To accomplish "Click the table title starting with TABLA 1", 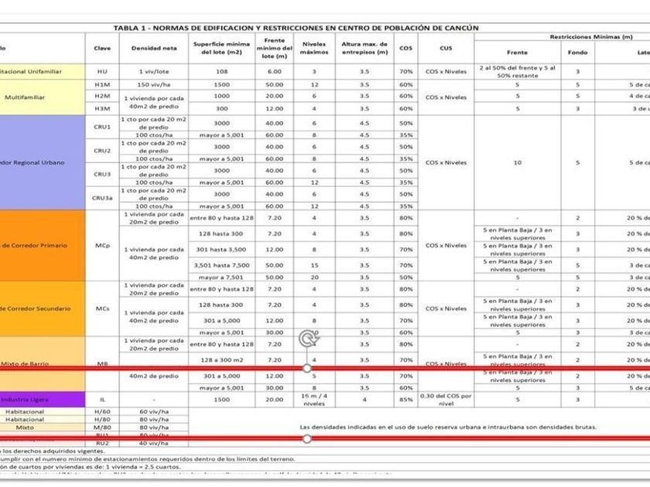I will point(296,28).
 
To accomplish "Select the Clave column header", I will point(102,48).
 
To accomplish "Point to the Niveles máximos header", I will point(314,48).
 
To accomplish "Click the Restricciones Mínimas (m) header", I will point(590,36).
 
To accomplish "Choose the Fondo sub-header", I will point(577,53).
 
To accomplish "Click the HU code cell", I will point(102,71).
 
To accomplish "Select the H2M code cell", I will point(102,96).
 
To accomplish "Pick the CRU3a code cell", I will point(102,198).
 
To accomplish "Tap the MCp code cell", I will point(102,246).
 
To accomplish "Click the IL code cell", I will point(102,400).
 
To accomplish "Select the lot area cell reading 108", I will point(222,71).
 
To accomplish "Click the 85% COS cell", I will point(405,400).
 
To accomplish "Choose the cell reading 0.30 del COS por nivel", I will point(446,400).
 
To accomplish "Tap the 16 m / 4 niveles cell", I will point(314,400).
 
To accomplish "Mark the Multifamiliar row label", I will point(24,98).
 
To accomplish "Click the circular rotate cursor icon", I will point(308,338).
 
